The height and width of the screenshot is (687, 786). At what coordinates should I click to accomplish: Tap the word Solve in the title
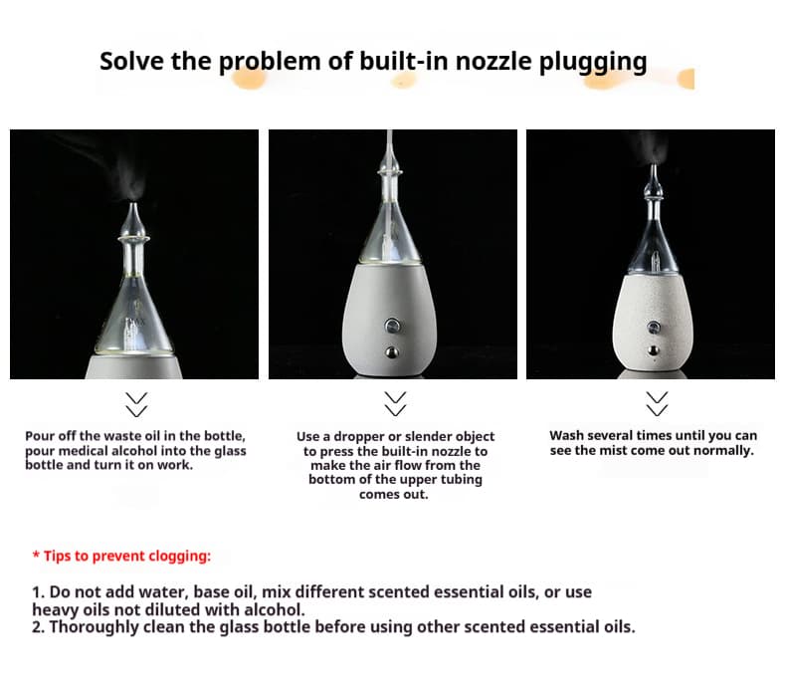131,61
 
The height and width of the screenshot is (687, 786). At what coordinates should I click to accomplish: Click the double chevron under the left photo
136,404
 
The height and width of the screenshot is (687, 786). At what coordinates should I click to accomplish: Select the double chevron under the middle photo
395,403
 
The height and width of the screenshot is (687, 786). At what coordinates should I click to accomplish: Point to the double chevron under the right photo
657,403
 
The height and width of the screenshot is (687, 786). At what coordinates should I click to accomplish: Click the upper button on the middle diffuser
392,327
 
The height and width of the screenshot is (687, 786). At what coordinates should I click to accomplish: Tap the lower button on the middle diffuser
392,352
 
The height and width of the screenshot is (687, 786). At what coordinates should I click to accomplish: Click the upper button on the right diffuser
653,328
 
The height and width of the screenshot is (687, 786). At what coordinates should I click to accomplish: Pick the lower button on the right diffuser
653,350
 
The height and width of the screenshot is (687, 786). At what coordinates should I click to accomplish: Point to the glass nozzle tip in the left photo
133,207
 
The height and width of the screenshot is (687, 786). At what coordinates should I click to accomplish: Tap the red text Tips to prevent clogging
121,556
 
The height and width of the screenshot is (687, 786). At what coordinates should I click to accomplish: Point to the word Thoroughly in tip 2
95,627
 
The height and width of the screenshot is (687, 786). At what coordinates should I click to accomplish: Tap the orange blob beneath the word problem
249,79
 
